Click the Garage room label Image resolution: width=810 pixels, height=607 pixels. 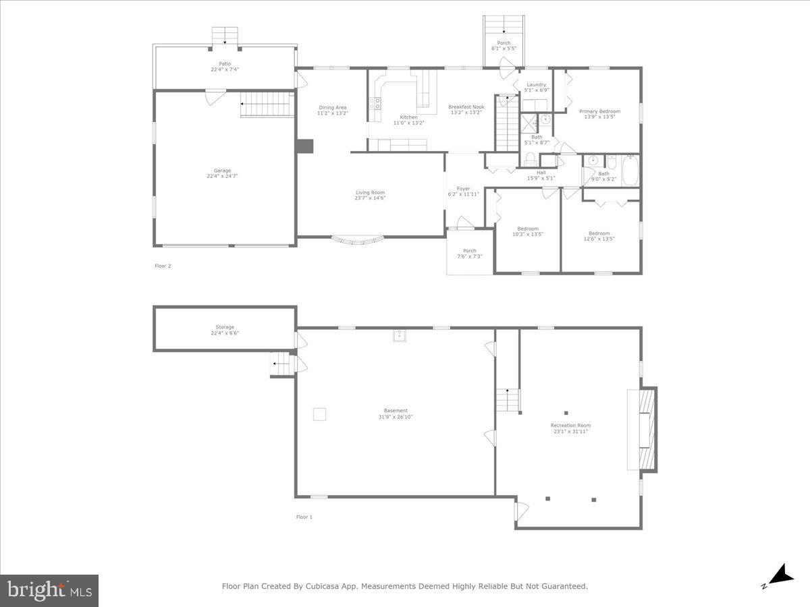pyautogui.click(x=223, y=171)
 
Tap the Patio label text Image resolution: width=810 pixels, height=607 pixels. pyautogui.click(x=225, y=64)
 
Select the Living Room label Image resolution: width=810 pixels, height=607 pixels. pyautogui.click(x=370, y=193)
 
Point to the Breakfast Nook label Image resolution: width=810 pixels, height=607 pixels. pyautogui.click(x=466, y=107)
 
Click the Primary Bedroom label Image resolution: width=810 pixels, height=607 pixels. pyautogui.click(x=600, y=111)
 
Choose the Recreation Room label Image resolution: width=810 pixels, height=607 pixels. pyautogui.click(x=570, y=426)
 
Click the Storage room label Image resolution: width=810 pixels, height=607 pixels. pyautogui.click(x=225, y=327)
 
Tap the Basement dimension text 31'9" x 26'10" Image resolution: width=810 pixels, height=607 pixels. pyautogui.click(x=396, y=417)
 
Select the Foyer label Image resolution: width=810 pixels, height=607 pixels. pyautogui.click(x=463, y=189)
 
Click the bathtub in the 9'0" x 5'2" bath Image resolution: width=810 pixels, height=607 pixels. pyautogui.click(x=630, y=171)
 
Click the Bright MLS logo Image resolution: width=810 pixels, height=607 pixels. pyautogui.click(x=50, y=591)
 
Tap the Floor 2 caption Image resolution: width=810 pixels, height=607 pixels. pyautogui.click(x=163, y=266)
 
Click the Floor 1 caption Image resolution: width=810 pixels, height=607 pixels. pyautogui.click(x=304, y=517)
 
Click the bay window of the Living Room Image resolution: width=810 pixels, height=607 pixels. pyautogui.click(x=358, y=239)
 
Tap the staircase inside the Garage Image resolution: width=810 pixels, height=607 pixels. pyautogui.click(x=267, y=105)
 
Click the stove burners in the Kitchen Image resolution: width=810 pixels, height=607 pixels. pyautogui.click(x=375, y=104)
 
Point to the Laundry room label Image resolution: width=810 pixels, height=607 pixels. pyautogui.click(x=537, y=85)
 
